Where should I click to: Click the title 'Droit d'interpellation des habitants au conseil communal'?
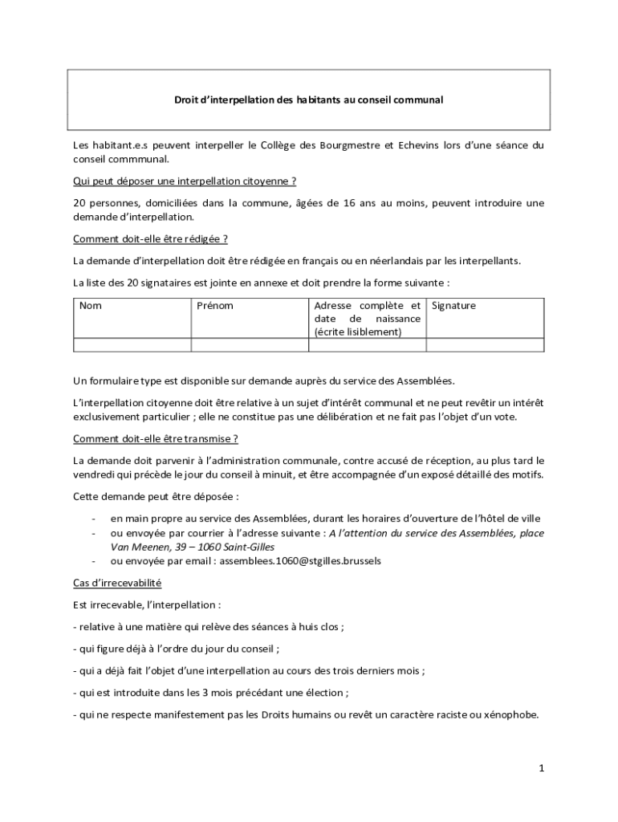309,100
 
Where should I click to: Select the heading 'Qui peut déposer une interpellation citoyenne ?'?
185,181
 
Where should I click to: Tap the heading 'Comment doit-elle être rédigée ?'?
150,238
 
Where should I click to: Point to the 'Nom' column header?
91,306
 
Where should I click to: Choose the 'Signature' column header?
454,306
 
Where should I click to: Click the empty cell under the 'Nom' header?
132,345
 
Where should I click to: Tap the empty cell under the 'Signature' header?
485,345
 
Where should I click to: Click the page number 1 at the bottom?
542,768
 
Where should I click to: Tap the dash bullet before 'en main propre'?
94,519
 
